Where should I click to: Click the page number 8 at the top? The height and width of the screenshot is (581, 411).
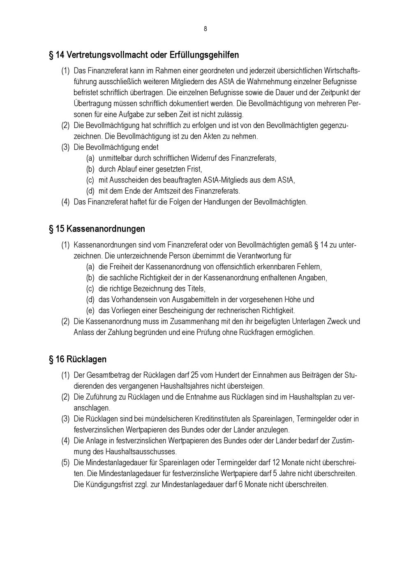[x=205, y=29]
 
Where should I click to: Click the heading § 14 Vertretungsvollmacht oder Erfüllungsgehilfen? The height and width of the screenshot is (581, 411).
[x=144, y=55]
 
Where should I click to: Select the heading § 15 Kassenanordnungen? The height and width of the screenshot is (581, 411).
[x=97, y=229]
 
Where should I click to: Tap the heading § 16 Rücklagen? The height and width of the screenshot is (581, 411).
[x=78, y=359]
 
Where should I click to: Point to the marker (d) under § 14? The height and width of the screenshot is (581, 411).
[x=90, y=191]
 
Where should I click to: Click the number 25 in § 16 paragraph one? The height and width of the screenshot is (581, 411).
[x=195, y=375]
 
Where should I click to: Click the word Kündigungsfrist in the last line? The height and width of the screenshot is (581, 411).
[x=98, y=484]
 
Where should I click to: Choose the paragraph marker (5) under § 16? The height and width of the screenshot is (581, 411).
[x=65, y=463]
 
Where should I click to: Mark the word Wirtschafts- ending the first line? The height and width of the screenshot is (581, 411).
[x=342, y=71]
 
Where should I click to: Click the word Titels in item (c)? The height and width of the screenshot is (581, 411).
[x=196, y=289]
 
